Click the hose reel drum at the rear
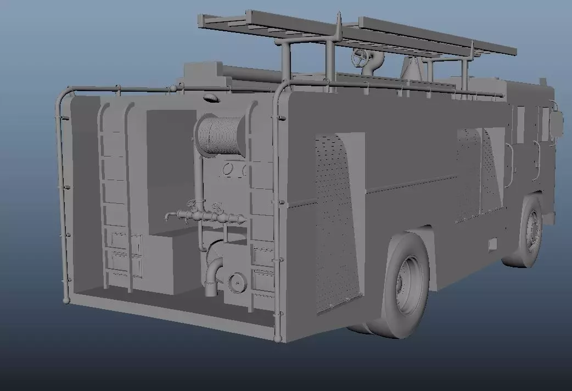tap(220, 135)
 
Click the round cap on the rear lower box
tap(237, 282)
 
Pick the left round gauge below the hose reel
tap(227, 169)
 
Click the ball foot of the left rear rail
tap(66, 300)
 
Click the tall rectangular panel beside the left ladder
tap(170, 167)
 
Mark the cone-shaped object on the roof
tap(409, 68)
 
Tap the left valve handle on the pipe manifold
tap(192, 204)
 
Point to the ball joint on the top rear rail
tap(172, 88)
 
